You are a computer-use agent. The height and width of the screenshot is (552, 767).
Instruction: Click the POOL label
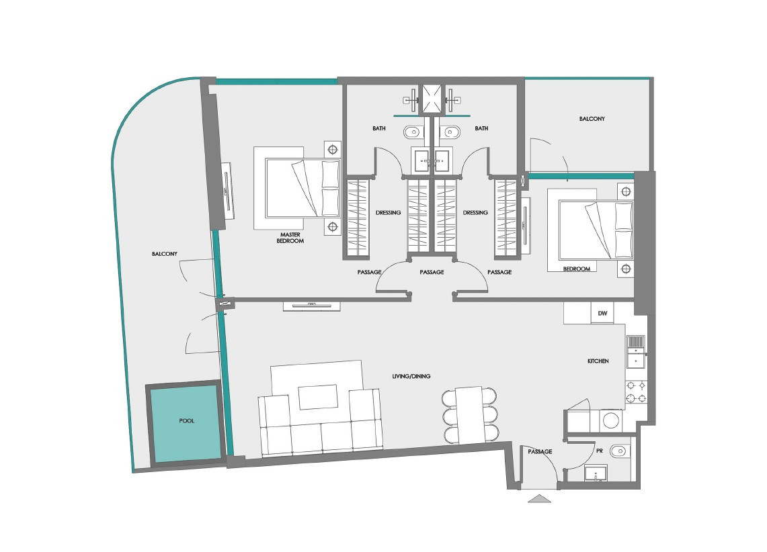[x=186, y=420]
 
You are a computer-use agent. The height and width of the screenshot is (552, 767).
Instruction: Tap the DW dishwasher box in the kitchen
[x=602, y=313]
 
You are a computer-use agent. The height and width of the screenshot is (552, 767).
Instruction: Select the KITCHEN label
[x=598, y=361]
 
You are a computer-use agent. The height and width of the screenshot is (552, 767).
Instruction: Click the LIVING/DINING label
[x=411, y=376]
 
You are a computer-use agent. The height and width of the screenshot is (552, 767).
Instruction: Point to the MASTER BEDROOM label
[x=290, y=238]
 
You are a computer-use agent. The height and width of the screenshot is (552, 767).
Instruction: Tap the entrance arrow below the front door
[x=540, y=498]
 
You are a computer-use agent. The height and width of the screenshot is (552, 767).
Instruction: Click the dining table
[x=470, y=415]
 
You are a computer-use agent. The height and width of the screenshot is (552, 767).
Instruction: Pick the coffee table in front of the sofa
[x=319, y=397]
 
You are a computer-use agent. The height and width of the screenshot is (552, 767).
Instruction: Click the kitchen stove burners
[x=637, y=392]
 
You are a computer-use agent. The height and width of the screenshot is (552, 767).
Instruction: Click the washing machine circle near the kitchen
[x=611, y=420]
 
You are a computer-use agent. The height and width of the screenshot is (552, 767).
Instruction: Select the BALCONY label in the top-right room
[x=592, y=119]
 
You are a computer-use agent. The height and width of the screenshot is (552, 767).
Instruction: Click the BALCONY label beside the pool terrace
[x=164, y=254]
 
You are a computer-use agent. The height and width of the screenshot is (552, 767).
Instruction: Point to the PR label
[x=600, y=451]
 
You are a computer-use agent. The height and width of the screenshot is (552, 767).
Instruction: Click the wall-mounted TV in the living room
[x=312, y=306]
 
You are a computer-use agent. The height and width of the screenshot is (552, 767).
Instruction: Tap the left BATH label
[x=379, y=128]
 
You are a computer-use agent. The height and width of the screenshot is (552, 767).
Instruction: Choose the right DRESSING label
[x=475, y=213]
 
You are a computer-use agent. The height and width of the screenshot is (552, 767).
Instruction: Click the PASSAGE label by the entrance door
[x=540, y=452]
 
